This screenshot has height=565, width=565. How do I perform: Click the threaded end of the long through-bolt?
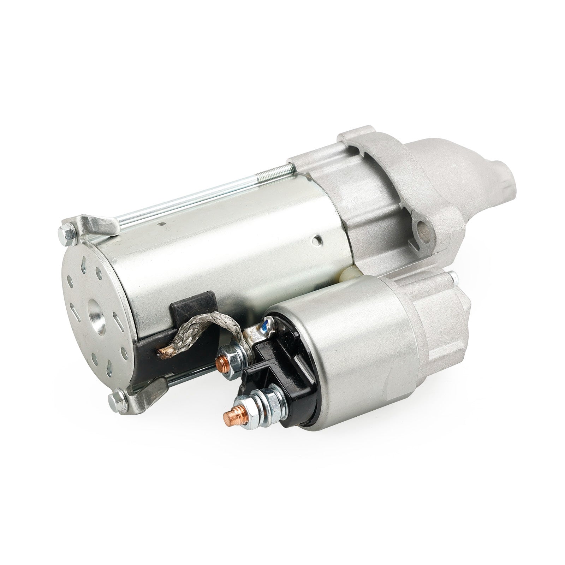point(274,172)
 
